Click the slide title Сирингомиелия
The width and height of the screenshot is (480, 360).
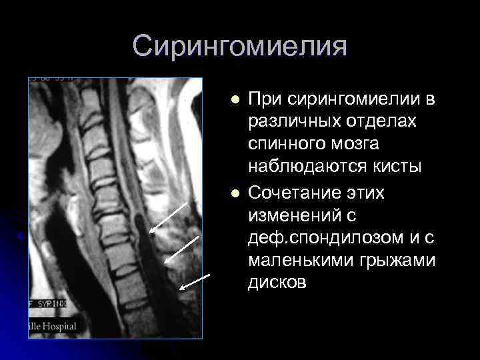click(x=240, y=47)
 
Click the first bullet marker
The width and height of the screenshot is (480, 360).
click(x=233, y=101)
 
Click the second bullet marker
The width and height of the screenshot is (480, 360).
click(x=233, y=193)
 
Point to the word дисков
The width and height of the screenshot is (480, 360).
click(x=277, y=283)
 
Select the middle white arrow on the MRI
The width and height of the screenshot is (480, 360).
click(x=182, y=248)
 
